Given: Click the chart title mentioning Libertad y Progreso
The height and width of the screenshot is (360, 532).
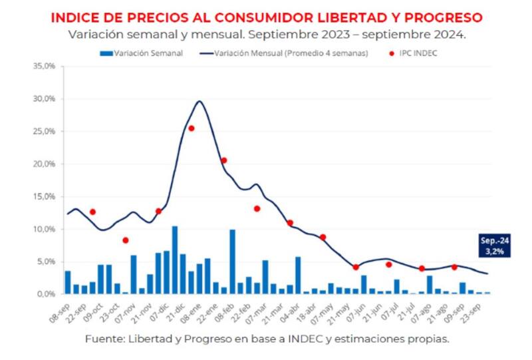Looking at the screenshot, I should pos(267,17).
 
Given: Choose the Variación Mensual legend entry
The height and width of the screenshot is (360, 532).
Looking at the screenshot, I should pos(286,53).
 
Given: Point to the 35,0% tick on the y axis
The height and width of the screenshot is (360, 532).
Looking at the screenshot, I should pos(45,67).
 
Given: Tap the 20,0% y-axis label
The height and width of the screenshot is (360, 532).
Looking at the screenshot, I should pos(45,164).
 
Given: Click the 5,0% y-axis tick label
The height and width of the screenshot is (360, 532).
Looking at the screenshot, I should pos(47,262).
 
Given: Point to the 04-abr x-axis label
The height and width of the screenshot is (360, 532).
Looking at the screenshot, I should pos(290,308).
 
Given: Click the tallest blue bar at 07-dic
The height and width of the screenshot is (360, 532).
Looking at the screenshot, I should pos(174,260).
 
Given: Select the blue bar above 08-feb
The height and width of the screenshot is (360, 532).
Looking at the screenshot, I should pos(232,261).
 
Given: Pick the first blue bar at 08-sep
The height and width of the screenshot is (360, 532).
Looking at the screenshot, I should pos(67,282).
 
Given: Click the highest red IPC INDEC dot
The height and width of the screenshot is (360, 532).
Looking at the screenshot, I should pos(191,128).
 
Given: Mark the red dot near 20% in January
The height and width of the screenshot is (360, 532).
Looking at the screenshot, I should pos(224,160).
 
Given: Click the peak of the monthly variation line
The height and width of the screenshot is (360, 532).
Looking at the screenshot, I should pos(199,101).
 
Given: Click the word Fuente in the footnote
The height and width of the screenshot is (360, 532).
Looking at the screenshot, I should pos(102,339).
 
